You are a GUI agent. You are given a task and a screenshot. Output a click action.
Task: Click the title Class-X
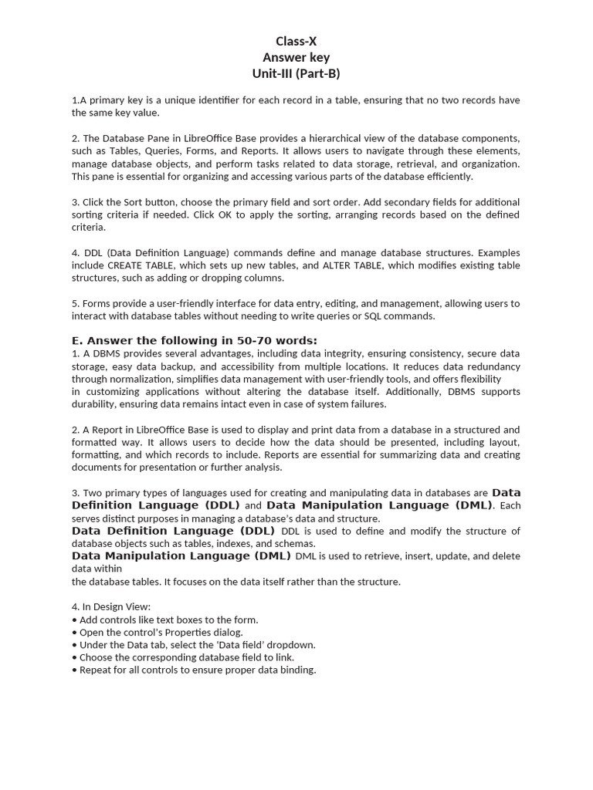click(296, 42)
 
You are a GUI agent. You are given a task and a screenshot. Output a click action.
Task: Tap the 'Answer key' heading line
click(296, 58)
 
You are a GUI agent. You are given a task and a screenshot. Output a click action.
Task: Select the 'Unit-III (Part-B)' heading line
click(296, 74)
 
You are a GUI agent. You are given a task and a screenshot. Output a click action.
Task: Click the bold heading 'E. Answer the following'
click(195, 341)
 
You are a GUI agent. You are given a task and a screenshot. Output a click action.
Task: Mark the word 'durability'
click(95, 404)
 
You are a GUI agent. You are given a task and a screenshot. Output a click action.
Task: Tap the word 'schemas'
click(294, 543)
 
